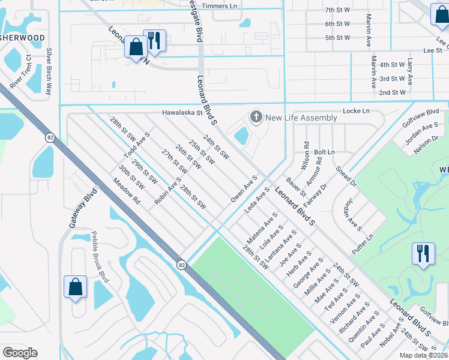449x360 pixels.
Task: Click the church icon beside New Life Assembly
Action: point(256,116)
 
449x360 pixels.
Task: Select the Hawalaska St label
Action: point(182,112)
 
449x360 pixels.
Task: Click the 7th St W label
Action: point(337,10)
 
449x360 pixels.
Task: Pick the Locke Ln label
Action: point(356,112)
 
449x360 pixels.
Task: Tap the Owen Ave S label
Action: point(244,188)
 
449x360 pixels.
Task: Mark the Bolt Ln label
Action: point(324,153)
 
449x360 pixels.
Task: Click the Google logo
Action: point(20,352)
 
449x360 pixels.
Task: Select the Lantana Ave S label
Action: point(281,245)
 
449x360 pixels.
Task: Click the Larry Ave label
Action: point(411,71)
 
